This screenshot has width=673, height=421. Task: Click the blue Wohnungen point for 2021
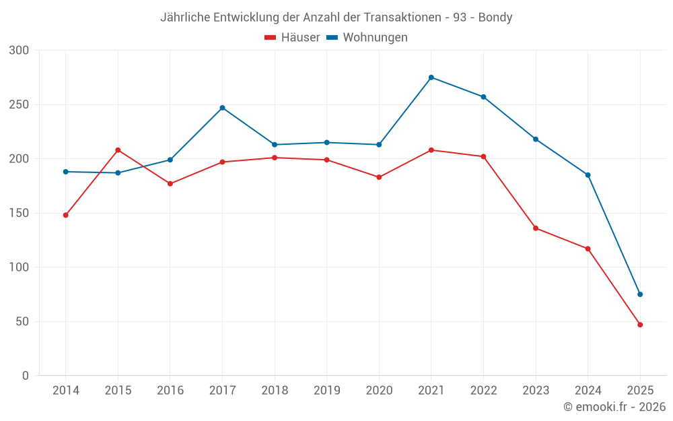tap(431, 77)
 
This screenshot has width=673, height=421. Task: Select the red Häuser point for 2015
tap(118, 150)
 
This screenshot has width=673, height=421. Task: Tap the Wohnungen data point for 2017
tap(222, 108)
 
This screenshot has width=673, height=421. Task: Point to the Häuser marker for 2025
tap(640, 325)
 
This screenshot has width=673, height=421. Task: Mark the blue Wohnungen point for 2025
tap(640, 294)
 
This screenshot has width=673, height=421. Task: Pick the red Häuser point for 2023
tap(536, 228)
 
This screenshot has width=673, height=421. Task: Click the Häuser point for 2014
tap(66, 216)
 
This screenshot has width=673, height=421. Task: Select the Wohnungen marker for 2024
tap(588, 175)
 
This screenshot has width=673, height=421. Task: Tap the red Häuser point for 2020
tap(379, 177)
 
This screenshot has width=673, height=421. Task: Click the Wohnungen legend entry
tap(367, 38)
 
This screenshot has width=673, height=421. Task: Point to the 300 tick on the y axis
tap(20, 51)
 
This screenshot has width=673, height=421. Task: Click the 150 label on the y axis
tap(20, 214)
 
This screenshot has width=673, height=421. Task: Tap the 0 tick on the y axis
tap(25, 376)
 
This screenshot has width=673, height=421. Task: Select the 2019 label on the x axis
tap(326, 391)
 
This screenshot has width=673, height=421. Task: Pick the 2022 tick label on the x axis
tap(483, 391)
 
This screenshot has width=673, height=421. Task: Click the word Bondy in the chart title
tap(495, 18)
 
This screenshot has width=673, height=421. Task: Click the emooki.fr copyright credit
tap(614, 407)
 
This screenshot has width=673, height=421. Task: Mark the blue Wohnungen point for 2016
tap(170, 160)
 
